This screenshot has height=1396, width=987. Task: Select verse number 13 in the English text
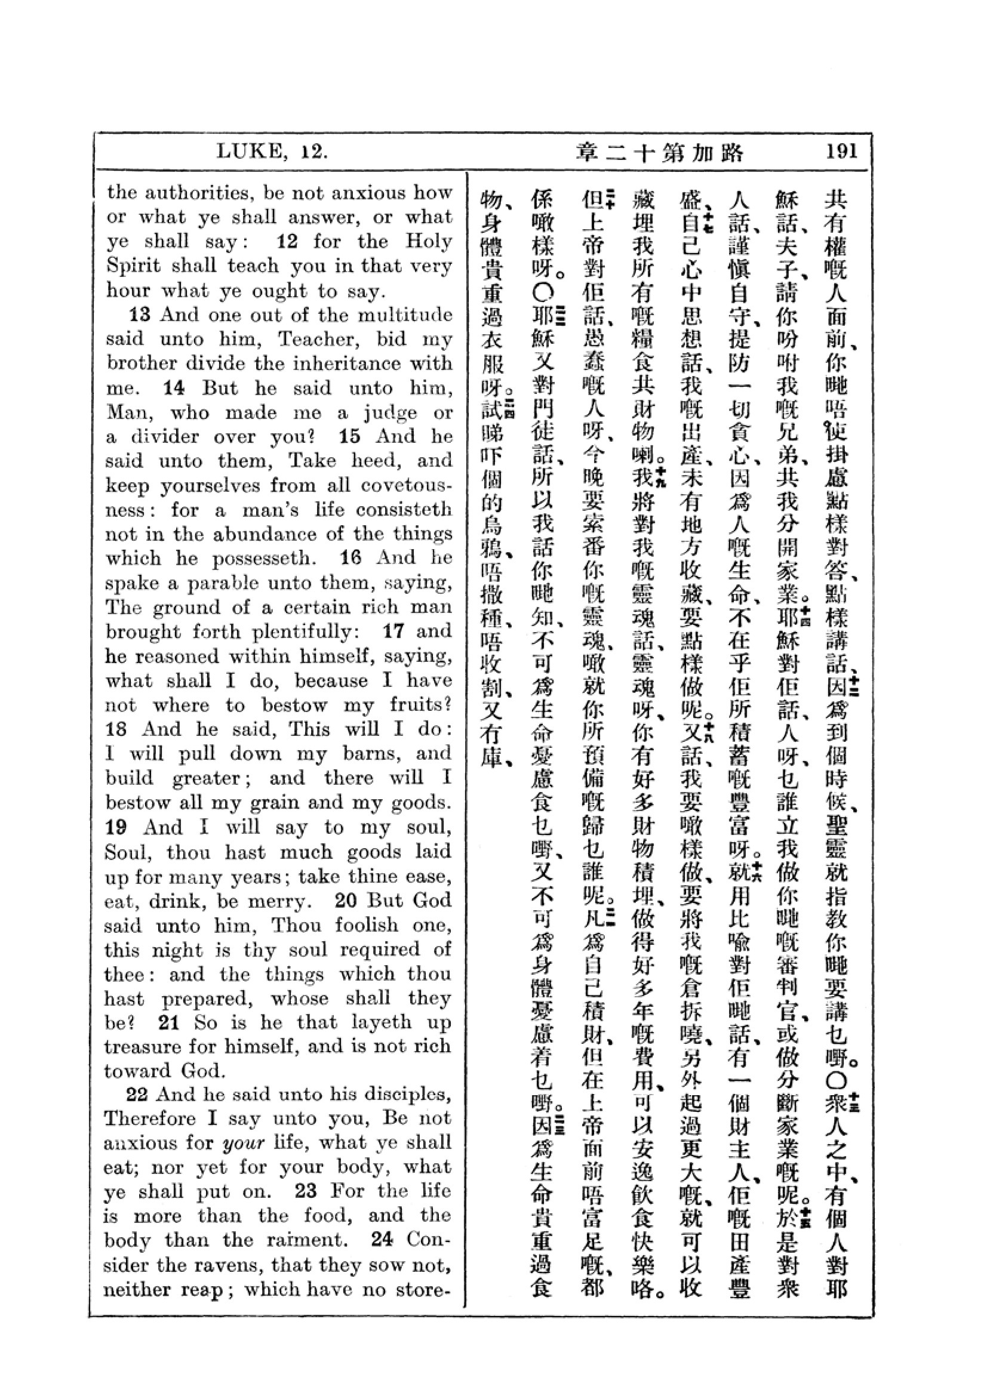pyautogui.click(x=139, y=315)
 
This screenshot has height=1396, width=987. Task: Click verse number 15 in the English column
pyautogui.click(x=350, y=436)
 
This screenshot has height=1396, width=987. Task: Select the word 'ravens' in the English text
pyautogui.click(x=227, y=1265)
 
